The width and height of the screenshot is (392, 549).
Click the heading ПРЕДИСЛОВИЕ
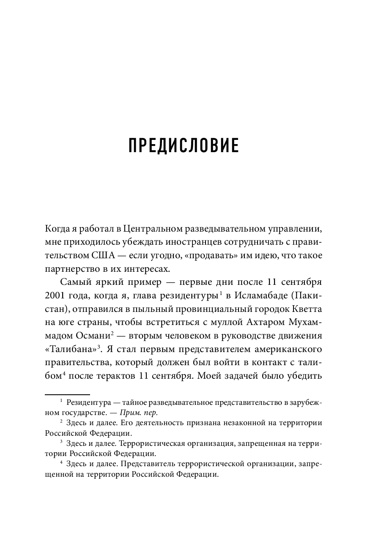(x=184, y=145)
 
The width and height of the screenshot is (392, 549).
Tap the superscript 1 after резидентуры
(x=221, y=292)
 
